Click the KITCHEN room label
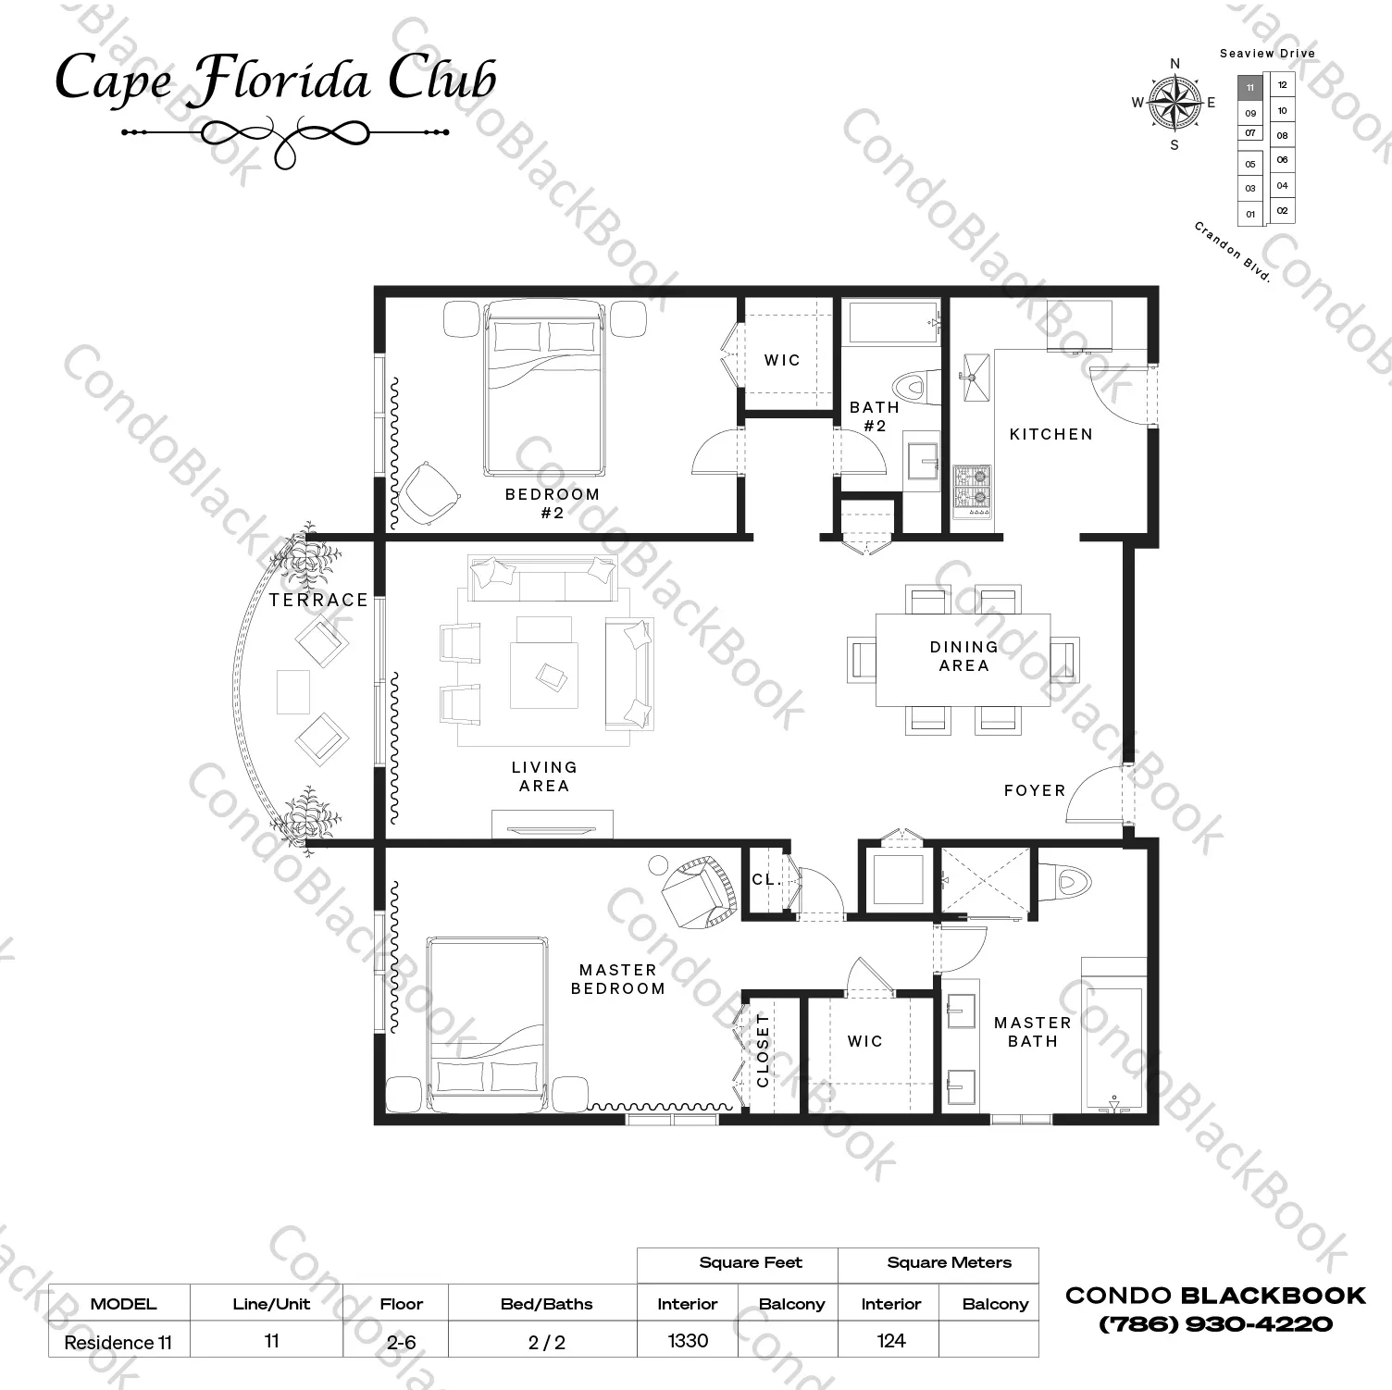click(1050, 434)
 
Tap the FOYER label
click(1035, 790)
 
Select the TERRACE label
click(318, 600)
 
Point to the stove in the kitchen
click(972, 490)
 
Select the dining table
click(963, 660)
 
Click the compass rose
click(1174, 103)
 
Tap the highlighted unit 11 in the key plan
click(1250, 88)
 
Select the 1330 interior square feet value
click(688, 1340)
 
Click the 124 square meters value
click(890, 1340)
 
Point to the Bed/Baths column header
click(546, 1304)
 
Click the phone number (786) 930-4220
click(1215, 1324)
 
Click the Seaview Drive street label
click(1267, 54)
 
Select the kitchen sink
click(975, 377)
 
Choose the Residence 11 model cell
click(118, 1342)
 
